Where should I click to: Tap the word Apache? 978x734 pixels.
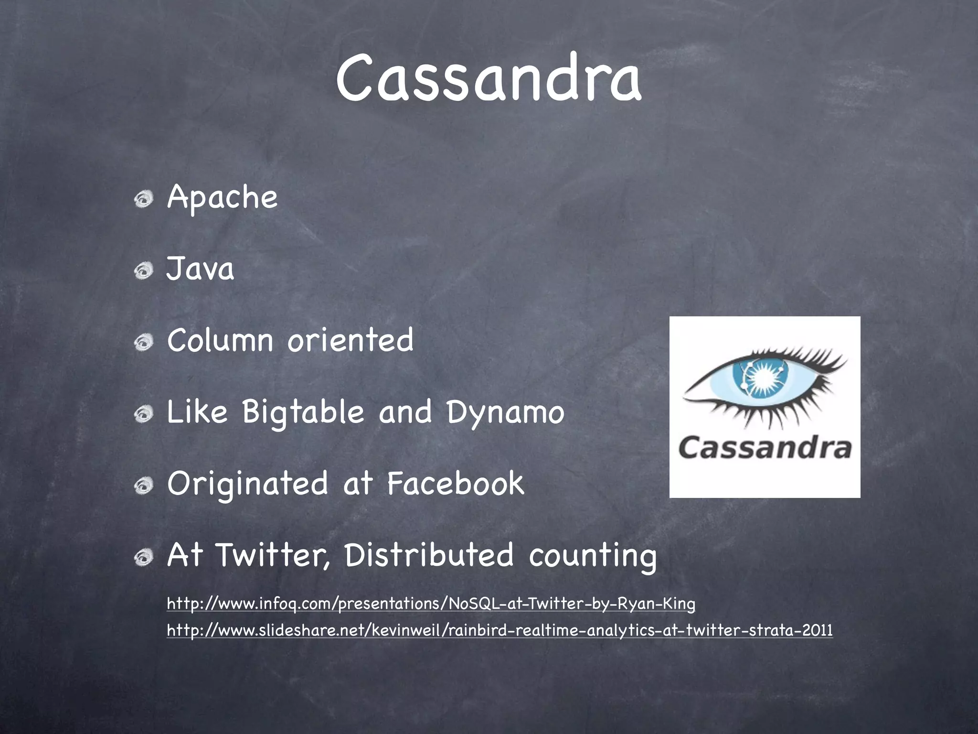coord(222,198)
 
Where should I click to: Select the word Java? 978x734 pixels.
coord(200,269)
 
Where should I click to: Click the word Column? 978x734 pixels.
coord(220,340)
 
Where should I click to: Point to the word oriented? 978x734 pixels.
coord(350,340)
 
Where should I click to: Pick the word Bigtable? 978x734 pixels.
coord(303,412)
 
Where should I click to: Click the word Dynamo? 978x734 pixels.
coord(505,412)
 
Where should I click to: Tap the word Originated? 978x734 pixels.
coord(247,484)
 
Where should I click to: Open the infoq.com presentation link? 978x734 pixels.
coord(431,604)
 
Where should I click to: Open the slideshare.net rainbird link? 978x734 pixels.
coord(500,630)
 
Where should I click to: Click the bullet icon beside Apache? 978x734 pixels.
coord(143,200)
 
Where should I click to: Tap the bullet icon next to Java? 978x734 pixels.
coord(143,271)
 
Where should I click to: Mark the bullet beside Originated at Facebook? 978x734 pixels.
coord(143,486)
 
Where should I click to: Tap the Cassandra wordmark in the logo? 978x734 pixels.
coord(765,448)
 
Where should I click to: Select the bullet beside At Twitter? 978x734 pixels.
coord(143,557)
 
